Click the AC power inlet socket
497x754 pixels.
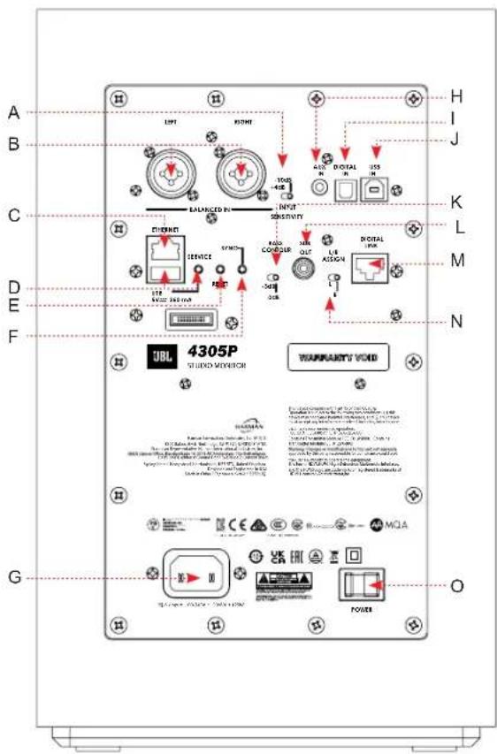coord(193,581)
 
